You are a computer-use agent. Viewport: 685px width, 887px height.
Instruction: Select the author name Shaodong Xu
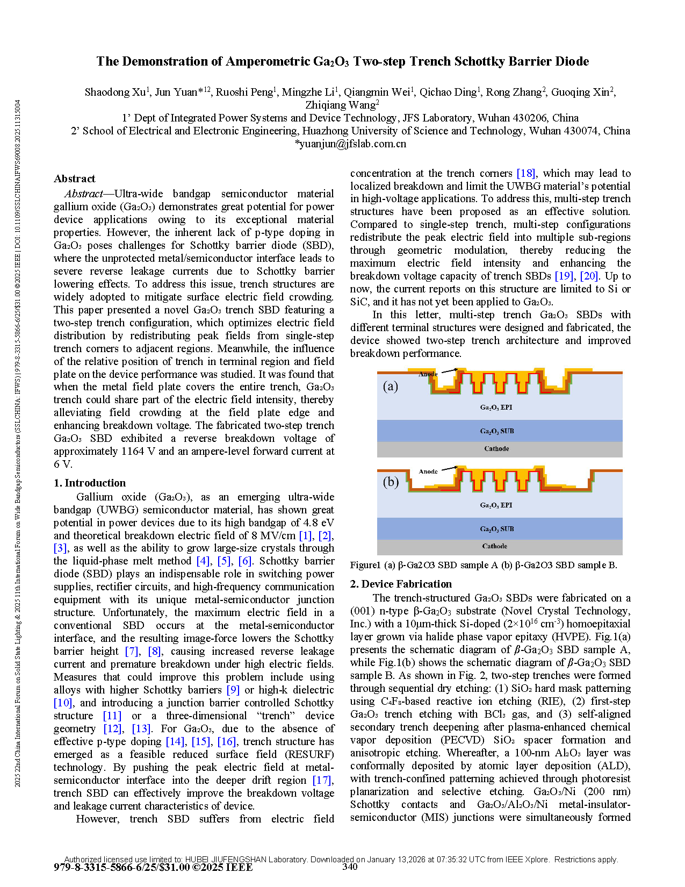point(115,92)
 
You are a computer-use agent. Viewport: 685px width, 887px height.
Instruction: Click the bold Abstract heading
point(75,178)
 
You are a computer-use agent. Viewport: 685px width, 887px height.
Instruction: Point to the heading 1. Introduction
point(90,483)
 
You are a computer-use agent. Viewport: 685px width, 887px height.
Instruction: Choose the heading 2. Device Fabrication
point(401,584)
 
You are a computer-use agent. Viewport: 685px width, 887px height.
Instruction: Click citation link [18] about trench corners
point(525,173)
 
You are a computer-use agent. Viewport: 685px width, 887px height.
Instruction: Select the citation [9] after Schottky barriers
point(233,690)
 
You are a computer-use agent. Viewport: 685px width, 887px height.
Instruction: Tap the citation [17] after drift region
point(322,780)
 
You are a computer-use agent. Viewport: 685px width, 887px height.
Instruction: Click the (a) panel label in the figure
point(391,386)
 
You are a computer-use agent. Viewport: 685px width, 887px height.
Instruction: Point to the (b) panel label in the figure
point(391,482)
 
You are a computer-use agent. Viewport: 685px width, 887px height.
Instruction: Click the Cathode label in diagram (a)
point(496,448)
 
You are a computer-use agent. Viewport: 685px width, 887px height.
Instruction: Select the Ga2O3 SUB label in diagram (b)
point(497,529)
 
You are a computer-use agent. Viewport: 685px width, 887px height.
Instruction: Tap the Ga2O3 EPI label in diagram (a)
point(496,407)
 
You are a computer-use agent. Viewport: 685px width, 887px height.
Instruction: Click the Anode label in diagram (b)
point(428,471)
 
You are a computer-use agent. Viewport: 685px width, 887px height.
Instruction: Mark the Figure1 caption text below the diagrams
point(483,565)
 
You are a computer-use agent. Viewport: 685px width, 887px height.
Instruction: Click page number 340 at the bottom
point(350,867)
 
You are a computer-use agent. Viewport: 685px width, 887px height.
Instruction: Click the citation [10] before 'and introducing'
point(63,703)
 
